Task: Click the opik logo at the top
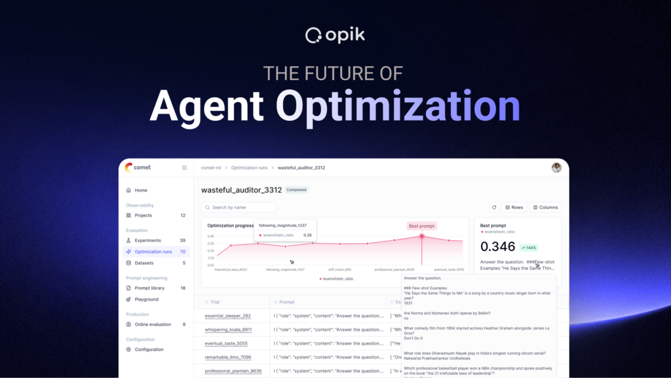click(335, 34)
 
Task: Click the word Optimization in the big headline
click(398, 105)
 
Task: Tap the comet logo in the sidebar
click(138, 167)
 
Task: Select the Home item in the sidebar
click(140, 190)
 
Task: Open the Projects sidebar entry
click(143, 215)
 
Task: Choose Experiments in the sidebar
click(147, 240)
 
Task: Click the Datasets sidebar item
click(144, 262)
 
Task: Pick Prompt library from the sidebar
click(149, 288)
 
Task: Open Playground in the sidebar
click(146, 299)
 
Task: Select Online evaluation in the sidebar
click(153, 324)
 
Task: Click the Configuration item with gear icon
click(149, 349)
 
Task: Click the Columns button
click(545, 207)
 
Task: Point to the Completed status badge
click(296, 190)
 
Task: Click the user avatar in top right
click(556, 167)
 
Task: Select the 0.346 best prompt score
click(498, 247)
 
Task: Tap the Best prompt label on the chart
click(421, 226)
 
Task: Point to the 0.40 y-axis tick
click(211, 236)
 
